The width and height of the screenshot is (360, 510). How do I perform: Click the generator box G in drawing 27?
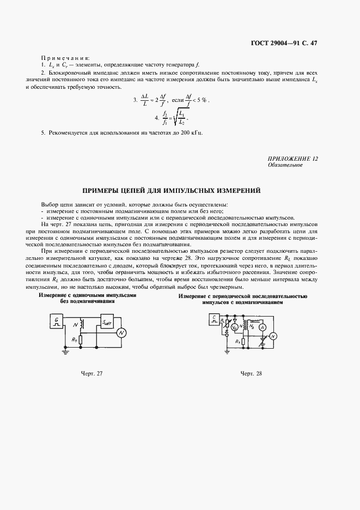[x=57, y=321]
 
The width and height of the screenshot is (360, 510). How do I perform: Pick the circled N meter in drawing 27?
[x=121, y=332]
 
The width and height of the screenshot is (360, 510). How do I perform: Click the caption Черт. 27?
[x=91, y=374]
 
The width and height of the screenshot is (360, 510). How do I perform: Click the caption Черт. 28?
[x=251, y=374]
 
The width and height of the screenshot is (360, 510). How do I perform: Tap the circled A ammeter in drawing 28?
[x=262, y=327]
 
